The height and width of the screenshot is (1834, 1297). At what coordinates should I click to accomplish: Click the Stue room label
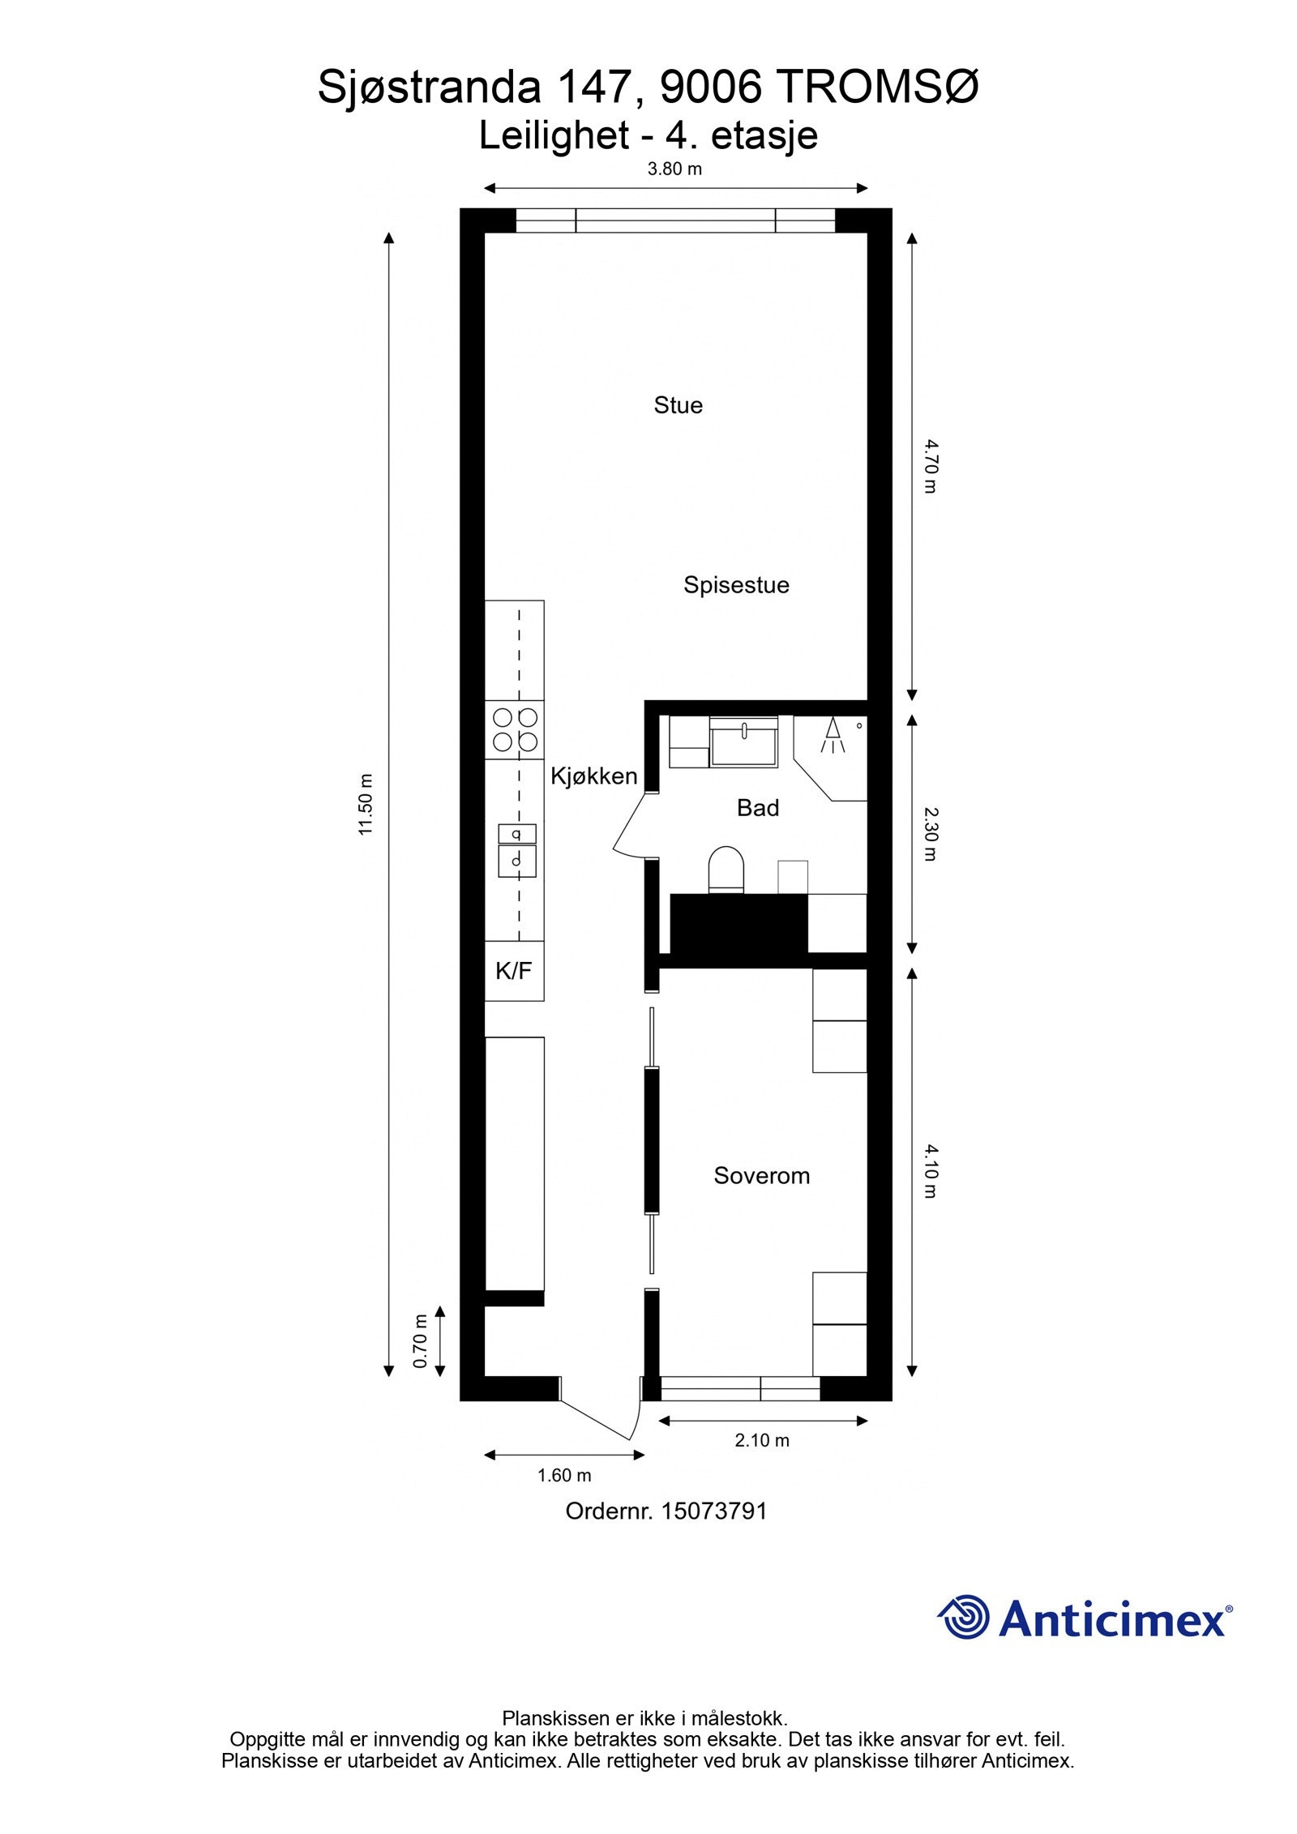click(678, 405)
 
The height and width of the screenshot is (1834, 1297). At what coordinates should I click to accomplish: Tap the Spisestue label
click(735, 585)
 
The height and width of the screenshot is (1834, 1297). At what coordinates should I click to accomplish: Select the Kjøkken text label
click(593, 776)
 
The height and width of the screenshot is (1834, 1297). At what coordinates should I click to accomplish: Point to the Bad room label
click(757, 808)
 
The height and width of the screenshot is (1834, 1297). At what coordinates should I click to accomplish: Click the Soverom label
click(761, 1176)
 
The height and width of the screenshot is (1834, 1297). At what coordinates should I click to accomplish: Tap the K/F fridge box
click(514, 971)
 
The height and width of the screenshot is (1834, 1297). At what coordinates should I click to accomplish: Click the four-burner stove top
click(515, 729)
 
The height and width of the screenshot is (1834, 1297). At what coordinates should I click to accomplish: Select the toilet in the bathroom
click(726, 870)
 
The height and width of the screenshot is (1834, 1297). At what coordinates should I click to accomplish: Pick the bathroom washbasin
click(743, 741)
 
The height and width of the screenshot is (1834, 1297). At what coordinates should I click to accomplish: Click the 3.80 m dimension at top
click(674, 169)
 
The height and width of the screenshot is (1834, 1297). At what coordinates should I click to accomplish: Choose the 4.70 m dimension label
click(930, 466)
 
